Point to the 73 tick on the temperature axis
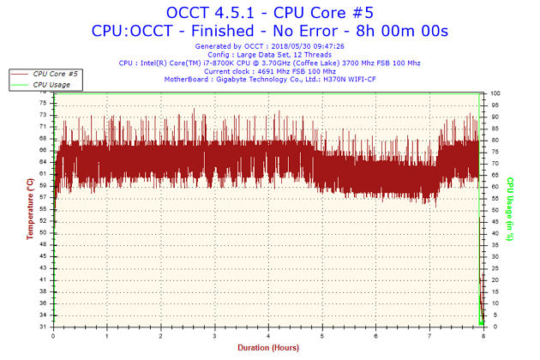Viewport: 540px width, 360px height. pyautogui.click(x=43, y=115)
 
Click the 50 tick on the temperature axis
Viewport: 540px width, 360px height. pyautogui.click(x=43, y=232)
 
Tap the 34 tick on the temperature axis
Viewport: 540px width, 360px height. pyautogui.click(x=43, y=315)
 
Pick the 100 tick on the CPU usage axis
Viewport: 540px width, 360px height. pyautogui.click(x=495, y=93)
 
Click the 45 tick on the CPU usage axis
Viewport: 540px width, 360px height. pyautogui.click(x=495, y=221)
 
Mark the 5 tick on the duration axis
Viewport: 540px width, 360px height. pyautogui.click(x=322, y=336)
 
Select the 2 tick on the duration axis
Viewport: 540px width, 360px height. pyautogui.click(x=161, y=336)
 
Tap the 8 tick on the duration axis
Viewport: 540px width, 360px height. pyautogui.click(x=483, y=336)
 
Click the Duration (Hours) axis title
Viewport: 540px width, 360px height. pyautogui.click(x=268, y=348)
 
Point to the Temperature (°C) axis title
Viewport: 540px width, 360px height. pyautogui.click(x=30, y=209)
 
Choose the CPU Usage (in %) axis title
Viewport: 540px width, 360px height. pyautogui.click(x=510, y=209)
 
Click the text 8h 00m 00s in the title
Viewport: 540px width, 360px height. pyautogui.click(x=402, y=31)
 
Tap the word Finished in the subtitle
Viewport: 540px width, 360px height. pyautogui.click(x=223, y=31)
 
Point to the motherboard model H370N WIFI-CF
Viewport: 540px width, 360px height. pyautogui.click(x=350, y=79)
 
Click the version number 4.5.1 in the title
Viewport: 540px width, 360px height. pyautogui.click(x=234, y=13)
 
